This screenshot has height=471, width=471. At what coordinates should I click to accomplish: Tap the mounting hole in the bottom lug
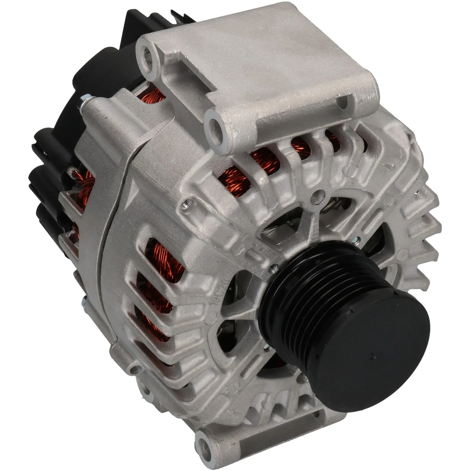203,447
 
